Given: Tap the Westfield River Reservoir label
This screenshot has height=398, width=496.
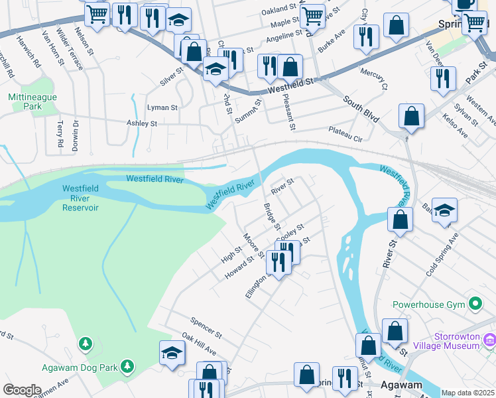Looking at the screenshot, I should [80, 198].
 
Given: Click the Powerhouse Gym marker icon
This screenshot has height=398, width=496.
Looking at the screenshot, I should [475, 304].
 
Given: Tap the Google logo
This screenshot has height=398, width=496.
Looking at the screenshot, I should [22, 390].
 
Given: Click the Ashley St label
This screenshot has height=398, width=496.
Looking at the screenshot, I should [142, 123].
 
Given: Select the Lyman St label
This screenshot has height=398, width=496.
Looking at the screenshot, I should [162, 107].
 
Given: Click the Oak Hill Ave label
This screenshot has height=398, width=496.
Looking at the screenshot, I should [200, 344].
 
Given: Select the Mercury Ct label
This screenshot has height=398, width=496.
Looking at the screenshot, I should [373, 78].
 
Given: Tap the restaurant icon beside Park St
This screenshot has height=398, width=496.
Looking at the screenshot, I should [443, 78].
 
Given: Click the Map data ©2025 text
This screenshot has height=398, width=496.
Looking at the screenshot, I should [467, 393].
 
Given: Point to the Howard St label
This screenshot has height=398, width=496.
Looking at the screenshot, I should [239, 267].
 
